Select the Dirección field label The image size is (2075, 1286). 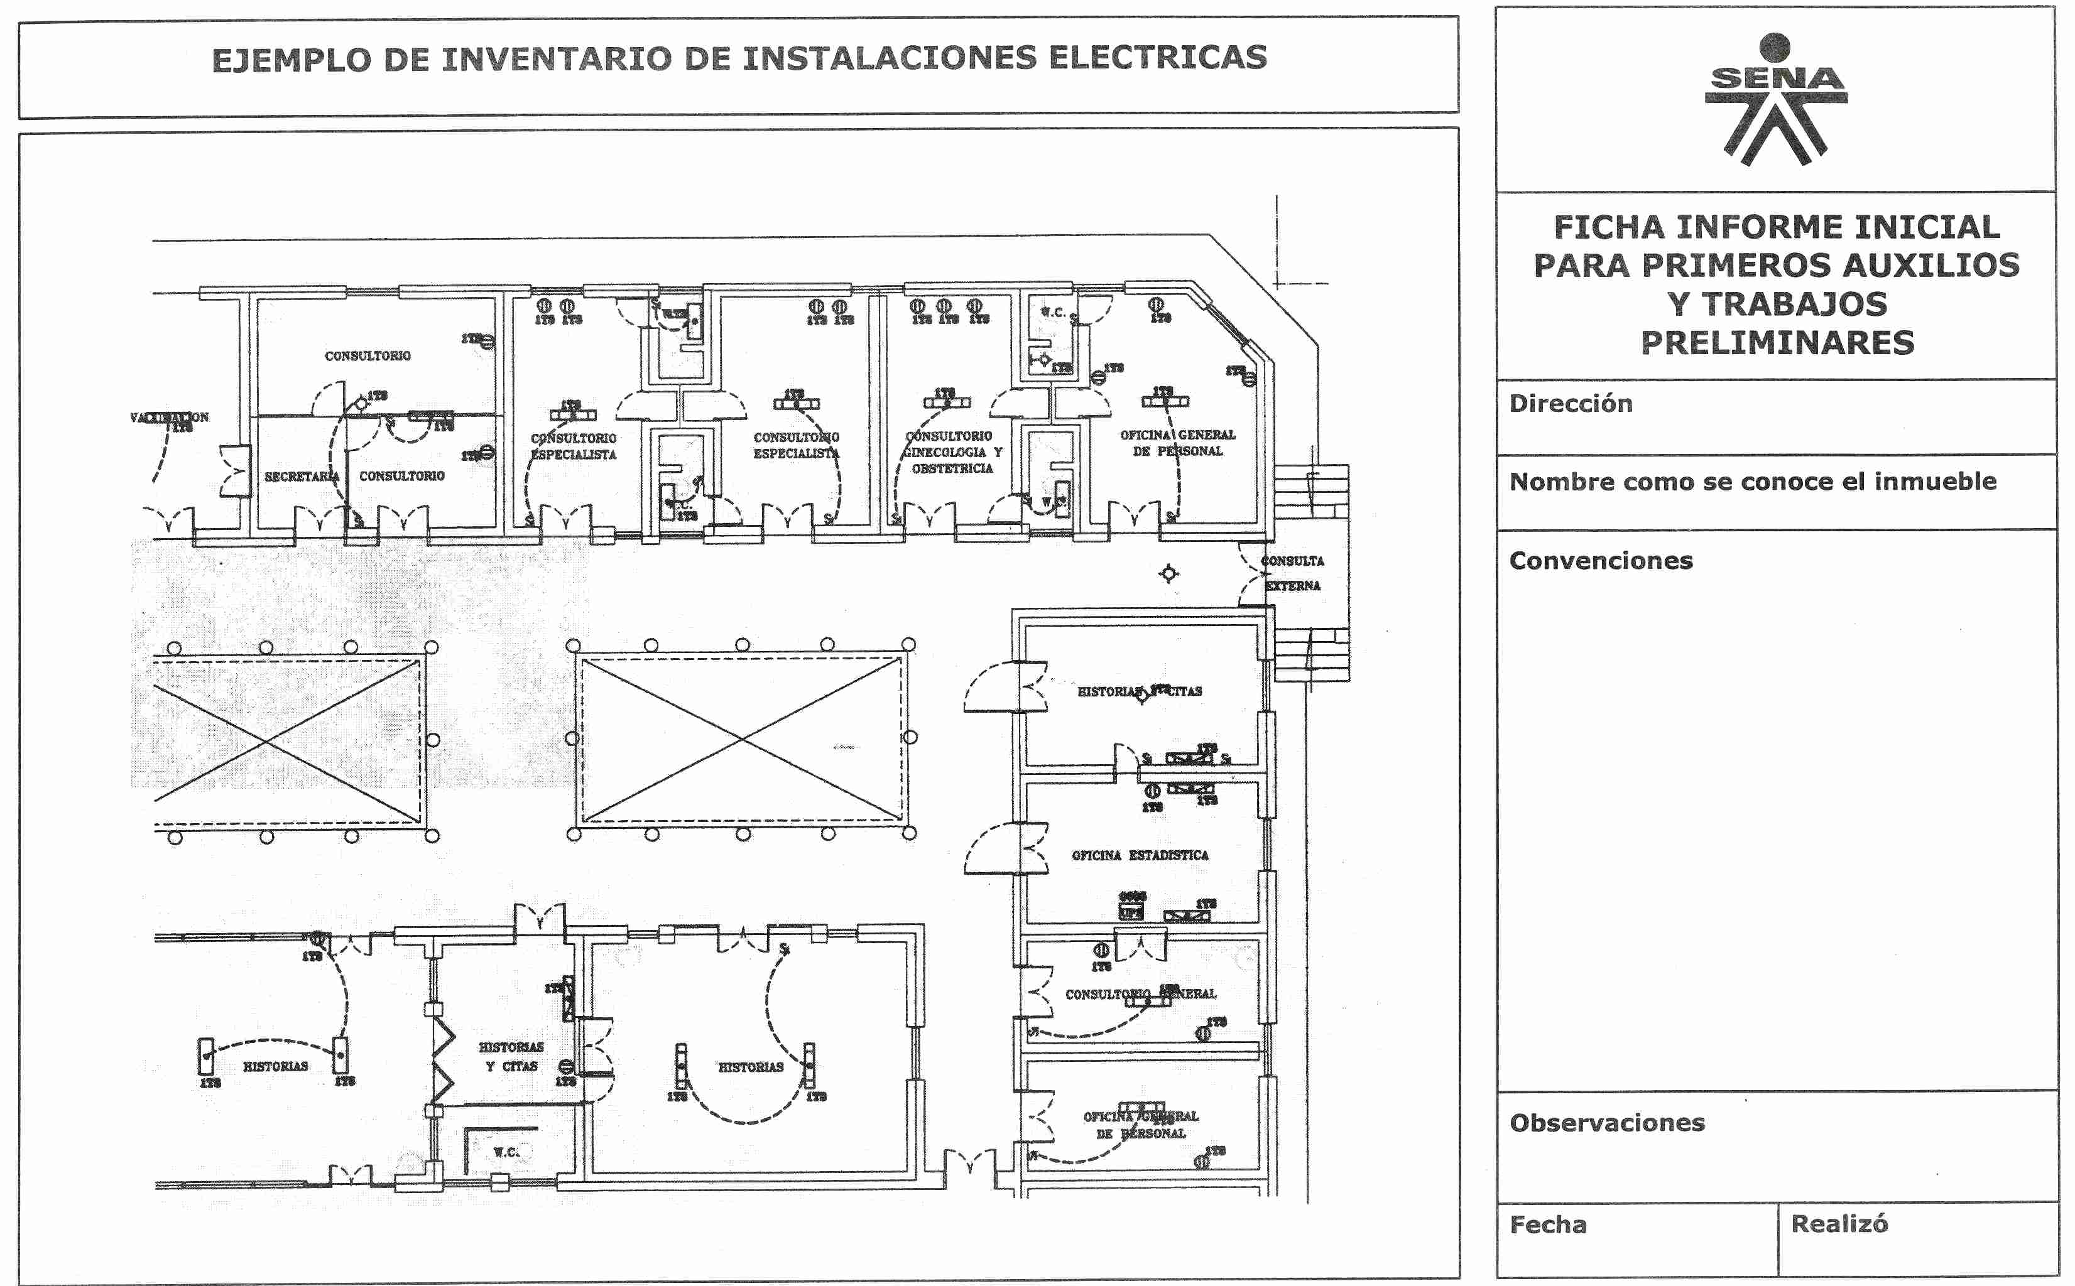click(1571, 403)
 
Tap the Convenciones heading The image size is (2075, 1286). click(1600, 561)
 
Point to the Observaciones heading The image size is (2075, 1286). click(1606, 1123)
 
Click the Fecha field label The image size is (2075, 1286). click(1547, 1224)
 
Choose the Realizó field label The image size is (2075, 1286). click(1839, 1224)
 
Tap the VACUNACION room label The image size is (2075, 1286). click(168, 418)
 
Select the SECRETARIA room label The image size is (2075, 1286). click(301, 477)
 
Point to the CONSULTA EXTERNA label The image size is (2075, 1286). click(1292, 573)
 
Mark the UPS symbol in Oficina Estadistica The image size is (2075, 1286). click(1131, 912)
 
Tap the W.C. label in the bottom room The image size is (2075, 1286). click(505, 1152)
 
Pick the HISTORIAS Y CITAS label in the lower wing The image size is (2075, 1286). click(511, 1056)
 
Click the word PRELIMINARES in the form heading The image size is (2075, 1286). click(1777, 343)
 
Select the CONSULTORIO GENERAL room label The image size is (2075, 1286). click(1140, 993)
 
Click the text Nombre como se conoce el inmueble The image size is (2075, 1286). click(1751, 482)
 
